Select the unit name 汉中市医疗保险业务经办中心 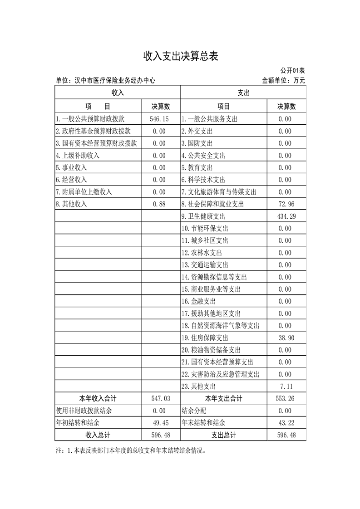pyautogui.click(x=105, y=80)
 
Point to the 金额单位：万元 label pyautogui.click(x=283, y=80)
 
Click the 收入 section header pyautogui.click(x=118, y=93)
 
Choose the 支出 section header pyautogui.click(x=243, y=93)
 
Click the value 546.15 pyautogui.click(x=159, y=119)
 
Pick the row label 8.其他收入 pyautogui.click(x=71, y=204)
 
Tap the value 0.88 pyautogui.click(x=159, y=204)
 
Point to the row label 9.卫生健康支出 pyautogui.click(x=203, y=216)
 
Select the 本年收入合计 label pyautogui.click(x=98, y=399)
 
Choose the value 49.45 pyautogui.click(x=159, y=423)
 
